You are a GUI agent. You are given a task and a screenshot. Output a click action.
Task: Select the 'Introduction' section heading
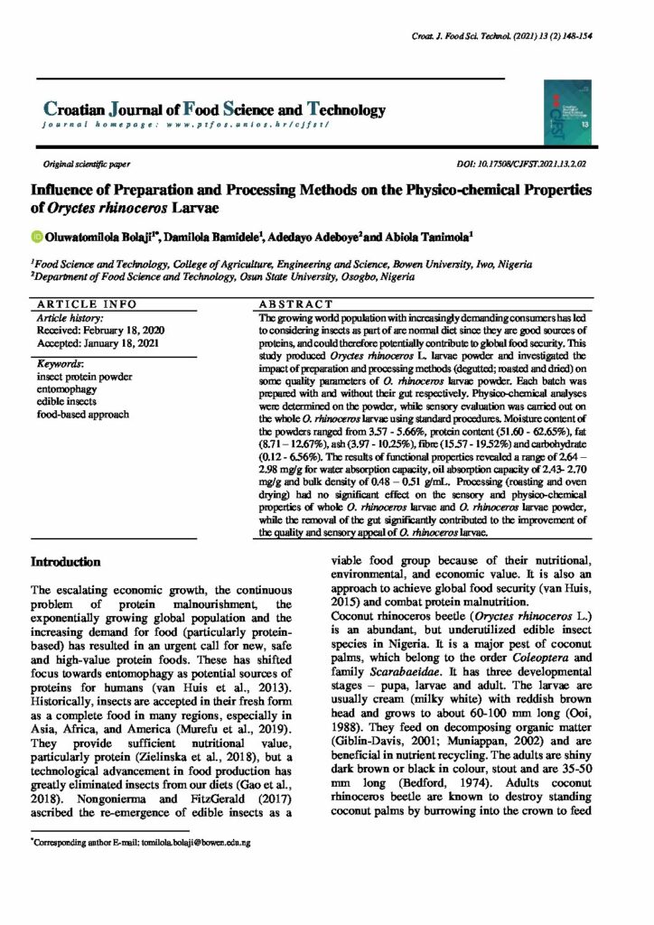click(x=66, y=562)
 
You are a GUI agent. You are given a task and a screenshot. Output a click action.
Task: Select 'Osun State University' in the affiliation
click(x=285, y=277)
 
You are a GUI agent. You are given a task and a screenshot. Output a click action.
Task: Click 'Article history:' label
click(x=70, y=319)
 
